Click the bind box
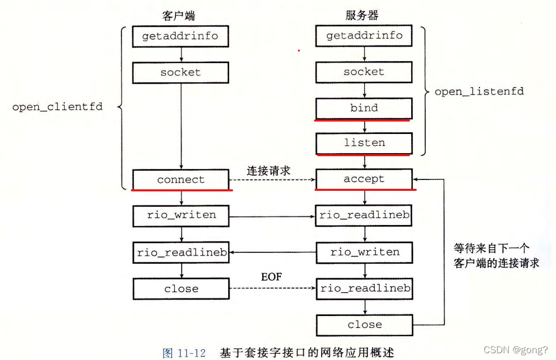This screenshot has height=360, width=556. point(364,108)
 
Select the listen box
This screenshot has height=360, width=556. point(364,143)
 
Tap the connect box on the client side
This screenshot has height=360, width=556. point(181,179)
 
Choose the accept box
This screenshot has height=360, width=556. point(364,179)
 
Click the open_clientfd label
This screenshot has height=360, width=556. point(57,107)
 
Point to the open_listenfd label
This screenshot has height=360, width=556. point(479,92)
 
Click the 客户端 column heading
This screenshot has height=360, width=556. point(178,16)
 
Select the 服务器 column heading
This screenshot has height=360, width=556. point(362,16)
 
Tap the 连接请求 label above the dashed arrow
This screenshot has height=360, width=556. point(268,171)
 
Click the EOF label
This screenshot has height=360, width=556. point(271,277)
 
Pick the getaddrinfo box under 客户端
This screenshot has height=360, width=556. point(181,36)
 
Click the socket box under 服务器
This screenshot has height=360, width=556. point(364,72)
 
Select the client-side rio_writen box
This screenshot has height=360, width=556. point(181,215)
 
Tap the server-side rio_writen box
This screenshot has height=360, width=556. point(364,252)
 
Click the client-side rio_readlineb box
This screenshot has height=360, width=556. point(181,252)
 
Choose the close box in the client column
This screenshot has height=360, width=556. point(181,289)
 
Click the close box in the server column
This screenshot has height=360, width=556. point(364,325)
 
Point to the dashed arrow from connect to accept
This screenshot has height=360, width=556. point(272,180)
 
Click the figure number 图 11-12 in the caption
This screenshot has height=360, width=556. point(184,353)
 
